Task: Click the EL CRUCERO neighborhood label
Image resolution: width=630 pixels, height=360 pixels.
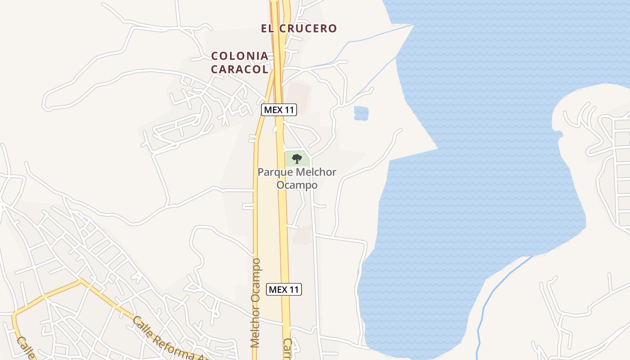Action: click(299, 28)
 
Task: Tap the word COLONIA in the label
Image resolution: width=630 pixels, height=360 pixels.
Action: click(240, 56)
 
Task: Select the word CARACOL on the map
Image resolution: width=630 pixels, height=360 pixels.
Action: click(240, 69)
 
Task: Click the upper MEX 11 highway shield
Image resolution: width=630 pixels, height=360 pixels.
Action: click(279, 110)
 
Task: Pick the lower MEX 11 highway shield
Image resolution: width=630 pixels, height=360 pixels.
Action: click(284, 289)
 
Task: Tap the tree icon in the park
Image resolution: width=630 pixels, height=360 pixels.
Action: click(297, 158)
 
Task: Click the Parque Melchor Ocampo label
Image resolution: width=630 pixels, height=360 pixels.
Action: click(297, 179)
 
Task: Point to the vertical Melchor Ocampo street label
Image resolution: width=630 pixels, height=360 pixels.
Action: click(256, 302)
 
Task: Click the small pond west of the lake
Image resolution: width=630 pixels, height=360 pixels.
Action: click(361, 113)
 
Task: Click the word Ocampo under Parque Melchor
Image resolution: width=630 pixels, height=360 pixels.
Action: click(297, 185)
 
